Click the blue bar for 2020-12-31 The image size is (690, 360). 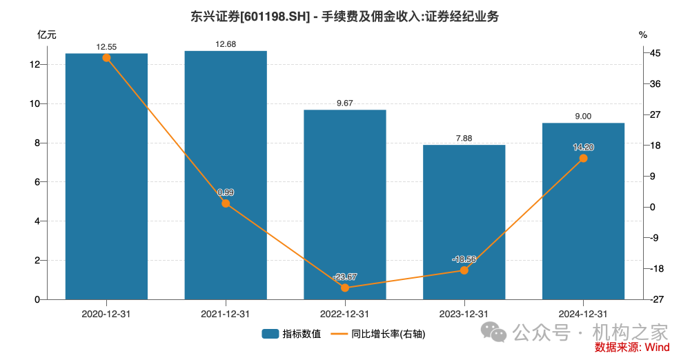click(106, 179)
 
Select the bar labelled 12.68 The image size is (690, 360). click(226, 176)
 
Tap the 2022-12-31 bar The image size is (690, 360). click(345, 207)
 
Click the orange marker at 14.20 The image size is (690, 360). click(583, 158)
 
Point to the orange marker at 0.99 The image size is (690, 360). click(226, 203)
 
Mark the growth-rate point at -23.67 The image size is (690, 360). click(345, 288)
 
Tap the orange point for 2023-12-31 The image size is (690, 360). click(464, 270)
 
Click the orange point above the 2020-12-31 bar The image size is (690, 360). click(106, 58)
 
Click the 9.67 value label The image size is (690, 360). click(345, 103)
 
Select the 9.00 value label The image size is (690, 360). click(583, 117)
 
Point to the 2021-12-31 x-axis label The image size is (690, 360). click(226, 313)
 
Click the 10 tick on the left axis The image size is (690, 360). click(34, 103)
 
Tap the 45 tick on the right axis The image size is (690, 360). click(655, 53)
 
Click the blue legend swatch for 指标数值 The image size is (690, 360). click(269, 334)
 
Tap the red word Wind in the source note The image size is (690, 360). click(657, 348)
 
